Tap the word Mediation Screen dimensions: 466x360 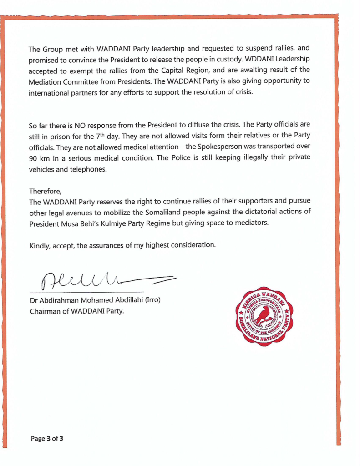pos(46,82)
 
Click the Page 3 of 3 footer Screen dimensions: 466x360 pos(47,439)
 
